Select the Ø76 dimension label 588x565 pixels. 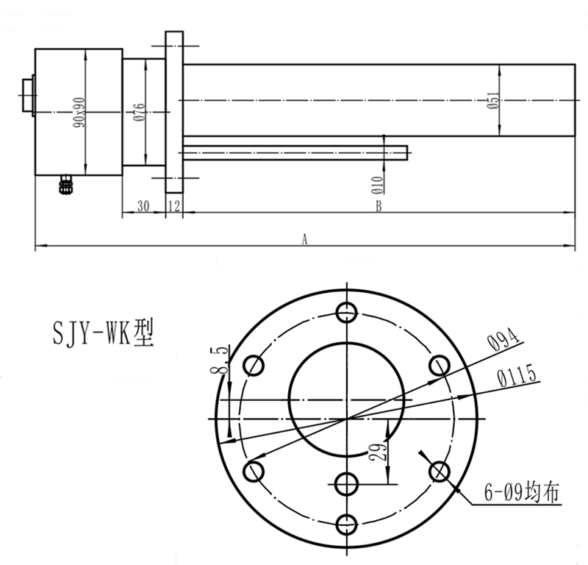click(x=139, y=111)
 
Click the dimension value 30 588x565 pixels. click(x=143, y=207)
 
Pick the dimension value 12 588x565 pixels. click(x=174, y=207)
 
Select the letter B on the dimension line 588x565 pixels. click(x=379, y=207)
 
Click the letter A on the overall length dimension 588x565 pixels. click(x=304, y=238)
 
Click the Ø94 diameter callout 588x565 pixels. click(x=503, y=339)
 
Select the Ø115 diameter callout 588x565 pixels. click(x=519, y=377)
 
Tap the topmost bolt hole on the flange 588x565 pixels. click(x=346, y=312)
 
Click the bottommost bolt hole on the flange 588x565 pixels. click(x=346, y=524)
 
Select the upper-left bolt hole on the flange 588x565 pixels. click(x=254, y=365)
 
